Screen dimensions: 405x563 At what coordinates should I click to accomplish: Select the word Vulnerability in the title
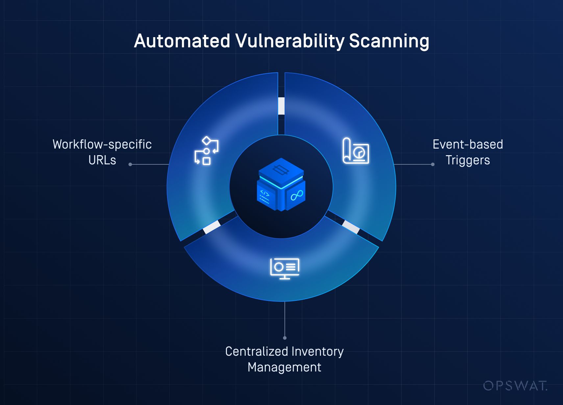tap(290, 42)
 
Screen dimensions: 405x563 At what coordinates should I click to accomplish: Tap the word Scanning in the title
tap(389, 42)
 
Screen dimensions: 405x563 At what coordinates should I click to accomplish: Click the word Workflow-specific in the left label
tap(102, 144)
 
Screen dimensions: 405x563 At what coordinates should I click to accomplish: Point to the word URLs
tap(102, 160)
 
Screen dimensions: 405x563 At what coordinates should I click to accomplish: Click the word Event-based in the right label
tap(468, 144)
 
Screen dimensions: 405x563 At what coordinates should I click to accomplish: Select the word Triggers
tap(468, 160)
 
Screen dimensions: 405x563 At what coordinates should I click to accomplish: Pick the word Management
tap(284, 367)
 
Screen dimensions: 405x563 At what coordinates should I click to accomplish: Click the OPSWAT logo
tap(515, 386)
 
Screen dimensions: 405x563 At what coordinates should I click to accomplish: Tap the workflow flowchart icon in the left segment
tap(207, 151)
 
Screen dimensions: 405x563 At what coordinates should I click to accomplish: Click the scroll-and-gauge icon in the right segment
tap(355, 151)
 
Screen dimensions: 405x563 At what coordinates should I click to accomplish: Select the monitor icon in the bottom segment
tap(284, 268)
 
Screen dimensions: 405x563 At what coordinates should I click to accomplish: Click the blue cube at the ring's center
tap(281, 184)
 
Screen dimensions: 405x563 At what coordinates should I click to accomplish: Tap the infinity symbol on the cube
tap(297, 195)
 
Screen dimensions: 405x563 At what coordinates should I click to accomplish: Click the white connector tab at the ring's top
tap(281, 106)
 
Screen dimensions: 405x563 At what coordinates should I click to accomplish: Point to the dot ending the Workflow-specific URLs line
tap(130, 164)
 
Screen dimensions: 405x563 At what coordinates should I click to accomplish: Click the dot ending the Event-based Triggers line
tap(433, 164)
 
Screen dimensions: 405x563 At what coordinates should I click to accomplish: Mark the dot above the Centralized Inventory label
tap(285, 338)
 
